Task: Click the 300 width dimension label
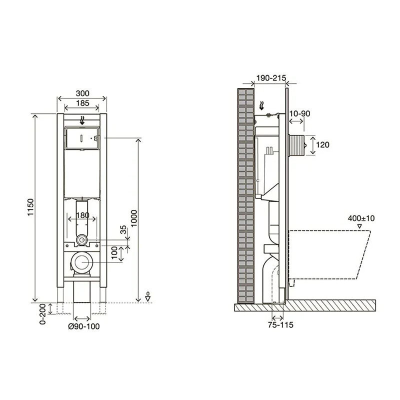(82, 93)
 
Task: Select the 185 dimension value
(82, 103)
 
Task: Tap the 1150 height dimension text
(30, 207)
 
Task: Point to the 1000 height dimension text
(133, 218)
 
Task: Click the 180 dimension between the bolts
(82, 215)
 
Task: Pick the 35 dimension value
(123, 229)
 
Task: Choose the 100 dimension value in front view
(114, 252)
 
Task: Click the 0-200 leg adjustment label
(42, 314)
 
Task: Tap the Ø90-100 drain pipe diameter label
(84, 326)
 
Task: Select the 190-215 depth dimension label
(271, 78)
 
